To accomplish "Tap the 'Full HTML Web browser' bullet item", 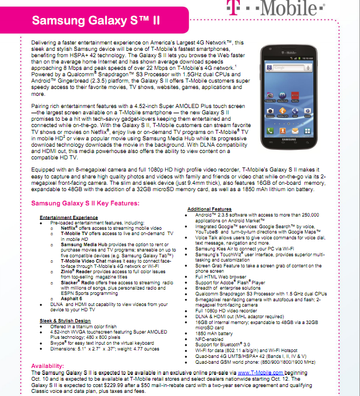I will point(221,276).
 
